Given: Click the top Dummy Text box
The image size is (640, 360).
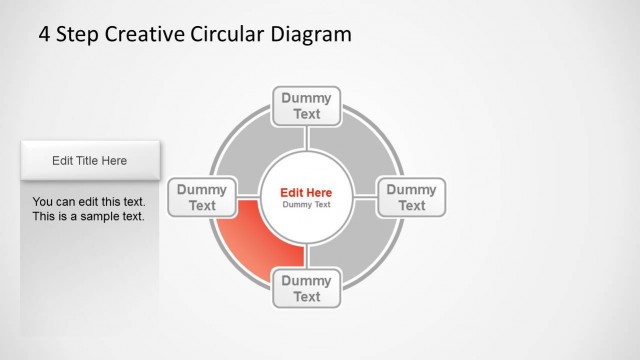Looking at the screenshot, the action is tap(307, 106).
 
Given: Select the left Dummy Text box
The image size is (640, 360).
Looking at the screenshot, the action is tap(202, 197).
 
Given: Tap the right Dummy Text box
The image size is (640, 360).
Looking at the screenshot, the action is tap(412, 197).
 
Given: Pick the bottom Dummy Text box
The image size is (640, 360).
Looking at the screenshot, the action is tap(307, 288).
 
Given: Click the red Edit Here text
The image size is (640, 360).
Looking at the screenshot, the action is tap(306, 192).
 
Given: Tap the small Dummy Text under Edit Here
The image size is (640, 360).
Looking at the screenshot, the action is tap(306, 205).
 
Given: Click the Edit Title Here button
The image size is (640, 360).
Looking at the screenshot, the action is tap(90, 160).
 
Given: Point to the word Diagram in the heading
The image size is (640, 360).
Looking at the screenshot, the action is tap(312, 35).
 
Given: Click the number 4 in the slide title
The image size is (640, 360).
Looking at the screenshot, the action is tap(44, 35).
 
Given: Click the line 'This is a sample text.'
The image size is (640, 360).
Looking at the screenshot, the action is tap(88, 216).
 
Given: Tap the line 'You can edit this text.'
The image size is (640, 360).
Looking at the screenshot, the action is tap(88, 200).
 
